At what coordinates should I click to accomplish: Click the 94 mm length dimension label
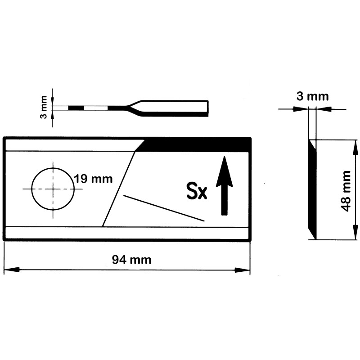tap(131, 260)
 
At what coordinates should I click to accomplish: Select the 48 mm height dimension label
tap(346, 191)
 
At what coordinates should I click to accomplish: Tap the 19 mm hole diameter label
tap(93, 179)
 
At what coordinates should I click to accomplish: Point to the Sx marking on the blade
tap(197, 190)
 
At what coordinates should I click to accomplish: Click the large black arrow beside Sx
tap(224, 186)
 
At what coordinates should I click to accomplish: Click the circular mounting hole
tap(53, 189)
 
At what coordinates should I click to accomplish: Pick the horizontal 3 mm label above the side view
tap(312, 96)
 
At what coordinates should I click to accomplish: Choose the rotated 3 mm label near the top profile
tap(43, 107)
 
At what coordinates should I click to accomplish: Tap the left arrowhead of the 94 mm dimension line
tap(12, 270)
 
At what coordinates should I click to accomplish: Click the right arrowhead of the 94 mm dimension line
tap(242, 270)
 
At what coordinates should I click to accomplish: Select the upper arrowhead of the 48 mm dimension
tap(355, 148)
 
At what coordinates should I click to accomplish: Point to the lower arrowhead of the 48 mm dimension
tap(355, 232)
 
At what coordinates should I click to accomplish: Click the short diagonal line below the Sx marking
tap(164, 208)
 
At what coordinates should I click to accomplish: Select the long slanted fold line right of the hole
tap(118, 189)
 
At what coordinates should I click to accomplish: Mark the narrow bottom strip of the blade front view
tap(127, 233)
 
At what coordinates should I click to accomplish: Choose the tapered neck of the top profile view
tap(134, 108)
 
